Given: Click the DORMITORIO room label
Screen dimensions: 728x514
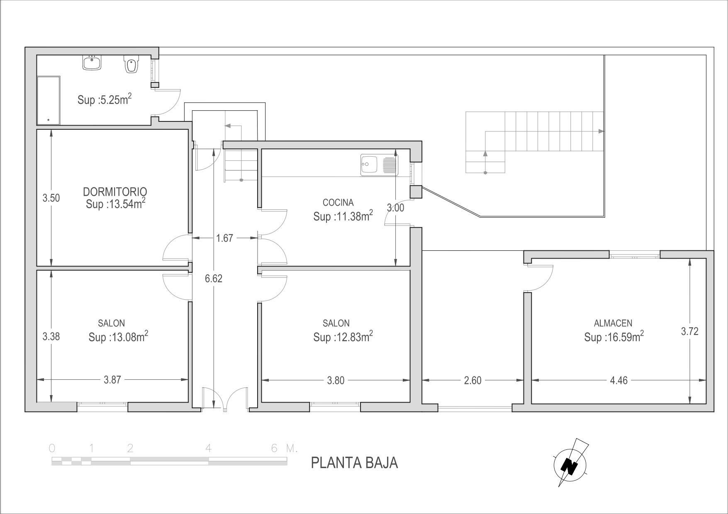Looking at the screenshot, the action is click(115, 192).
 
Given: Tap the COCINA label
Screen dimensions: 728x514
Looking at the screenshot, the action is click(338, 203).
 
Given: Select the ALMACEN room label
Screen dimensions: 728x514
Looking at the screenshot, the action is click(613, 323).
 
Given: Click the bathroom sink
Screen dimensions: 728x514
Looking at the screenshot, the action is click(91, 63).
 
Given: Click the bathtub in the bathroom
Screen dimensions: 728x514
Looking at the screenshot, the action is click(49, 100).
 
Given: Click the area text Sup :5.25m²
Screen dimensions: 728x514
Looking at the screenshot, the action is click(105, 99).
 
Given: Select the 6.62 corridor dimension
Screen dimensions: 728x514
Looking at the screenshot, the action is click(214, 279).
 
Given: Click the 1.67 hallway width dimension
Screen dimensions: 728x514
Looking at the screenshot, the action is click(224, 238).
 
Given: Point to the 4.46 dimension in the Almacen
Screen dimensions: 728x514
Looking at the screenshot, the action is click(618, 380).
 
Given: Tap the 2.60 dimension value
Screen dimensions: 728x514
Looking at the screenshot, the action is click(472, 380).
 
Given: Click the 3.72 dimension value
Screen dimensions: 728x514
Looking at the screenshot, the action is click(690, 331).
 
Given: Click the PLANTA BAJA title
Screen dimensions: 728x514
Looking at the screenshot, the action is click(354, 463).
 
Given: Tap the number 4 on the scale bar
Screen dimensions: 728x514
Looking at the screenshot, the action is click(209, 448).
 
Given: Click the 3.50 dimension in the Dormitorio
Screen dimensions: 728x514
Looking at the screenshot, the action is click(51, 198).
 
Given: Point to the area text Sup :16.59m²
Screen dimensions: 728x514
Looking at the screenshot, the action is click(614, 337).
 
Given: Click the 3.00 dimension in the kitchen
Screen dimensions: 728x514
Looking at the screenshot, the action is click(395, 208).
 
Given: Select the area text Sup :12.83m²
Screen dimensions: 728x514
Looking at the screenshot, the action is click(343, 337).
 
